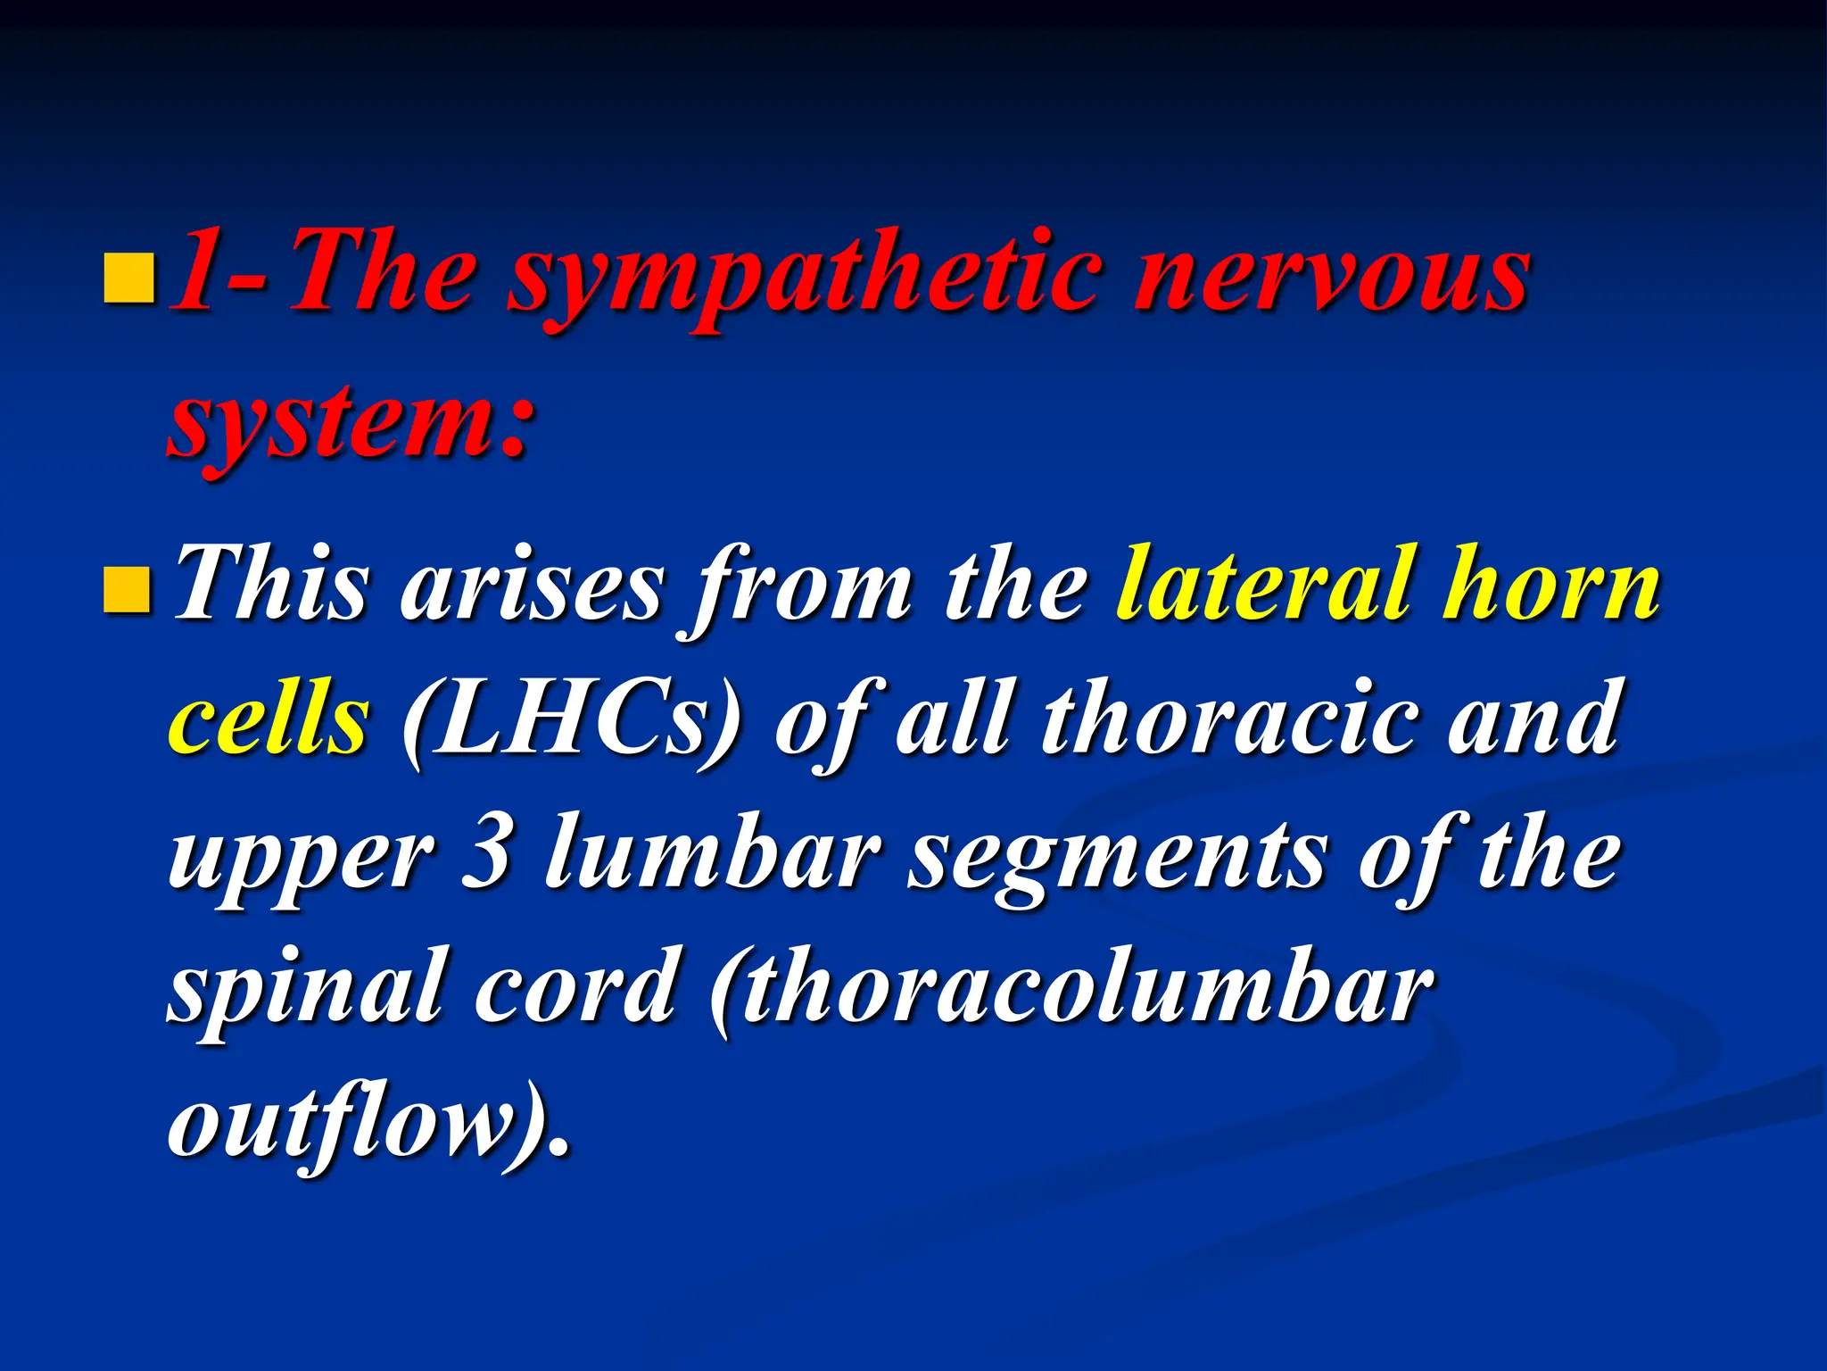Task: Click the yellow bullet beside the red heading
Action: click(128, 279)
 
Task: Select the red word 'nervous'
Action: click(1334, 272)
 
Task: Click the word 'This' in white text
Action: click(272, 585)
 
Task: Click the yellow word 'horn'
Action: click(1553, 585)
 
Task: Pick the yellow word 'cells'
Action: click(269, 719)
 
